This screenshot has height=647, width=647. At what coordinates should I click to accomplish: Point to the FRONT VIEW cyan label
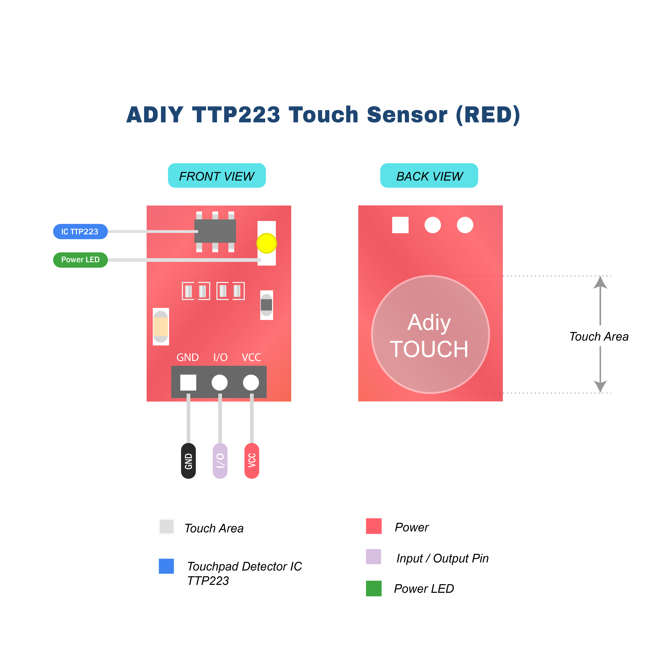217,176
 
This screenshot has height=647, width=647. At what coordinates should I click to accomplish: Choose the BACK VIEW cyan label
429,176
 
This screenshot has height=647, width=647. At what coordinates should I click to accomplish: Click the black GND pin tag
188,461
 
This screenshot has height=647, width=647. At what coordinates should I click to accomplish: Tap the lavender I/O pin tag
220,461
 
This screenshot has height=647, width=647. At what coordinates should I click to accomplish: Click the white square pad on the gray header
188,382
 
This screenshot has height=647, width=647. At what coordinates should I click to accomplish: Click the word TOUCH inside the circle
429,349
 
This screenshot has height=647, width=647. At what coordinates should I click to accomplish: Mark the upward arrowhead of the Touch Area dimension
600,282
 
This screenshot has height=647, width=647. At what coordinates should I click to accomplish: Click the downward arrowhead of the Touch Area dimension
600,386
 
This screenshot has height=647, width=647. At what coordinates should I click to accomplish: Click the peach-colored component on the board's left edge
161,327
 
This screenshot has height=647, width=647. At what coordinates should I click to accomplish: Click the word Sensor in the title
407,115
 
